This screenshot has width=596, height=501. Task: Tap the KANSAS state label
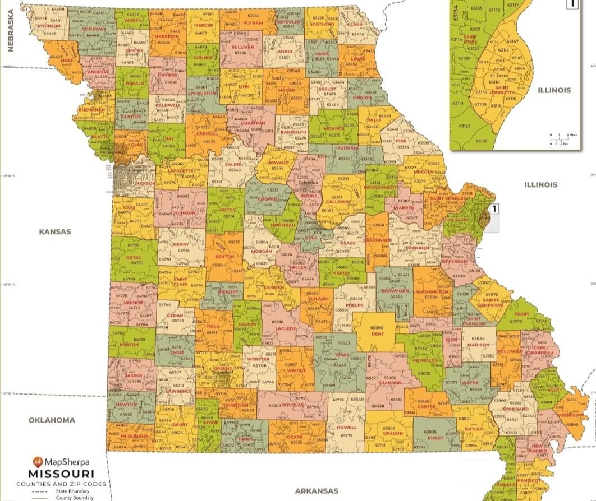pos(54,231)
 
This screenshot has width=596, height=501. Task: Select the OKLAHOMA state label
pos(52,420)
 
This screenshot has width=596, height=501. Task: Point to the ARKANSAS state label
pos(317,491)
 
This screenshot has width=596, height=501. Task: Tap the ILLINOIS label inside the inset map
pos(554,90)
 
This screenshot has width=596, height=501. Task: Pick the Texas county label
pos(341,354)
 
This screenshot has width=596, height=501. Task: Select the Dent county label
pos(377,333)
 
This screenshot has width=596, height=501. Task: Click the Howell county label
pos(346,428)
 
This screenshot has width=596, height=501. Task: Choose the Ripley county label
pos(435,438)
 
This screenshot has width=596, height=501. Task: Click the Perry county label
pos(521,314)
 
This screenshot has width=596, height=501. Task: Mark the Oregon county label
pos(393,433)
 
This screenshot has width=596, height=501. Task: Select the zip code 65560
pos(377,328)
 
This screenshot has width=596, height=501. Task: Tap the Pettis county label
pos(228,210)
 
